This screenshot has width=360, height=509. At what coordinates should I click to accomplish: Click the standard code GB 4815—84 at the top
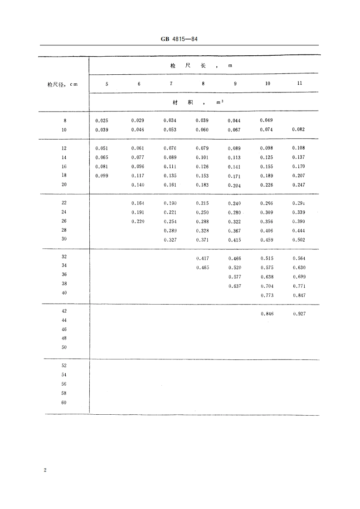180,39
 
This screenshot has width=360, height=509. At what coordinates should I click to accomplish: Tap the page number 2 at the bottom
45,470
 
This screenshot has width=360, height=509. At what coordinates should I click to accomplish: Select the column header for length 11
299,83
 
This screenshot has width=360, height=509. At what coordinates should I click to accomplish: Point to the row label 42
64,311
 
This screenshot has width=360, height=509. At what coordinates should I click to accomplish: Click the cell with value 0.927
299,314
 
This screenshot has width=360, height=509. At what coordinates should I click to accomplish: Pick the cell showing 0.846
267,314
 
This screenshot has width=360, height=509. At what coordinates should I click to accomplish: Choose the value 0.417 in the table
203,258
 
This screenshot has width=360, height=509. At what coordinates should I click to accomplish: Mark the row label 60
64,402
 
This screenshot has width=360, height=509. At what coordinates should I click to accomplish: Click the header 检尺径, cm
63,84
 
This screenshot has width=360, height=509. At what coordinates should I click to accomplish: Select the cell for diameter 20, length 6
138,185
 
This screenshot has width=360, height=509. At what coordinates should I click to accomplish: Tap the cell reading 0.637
235,286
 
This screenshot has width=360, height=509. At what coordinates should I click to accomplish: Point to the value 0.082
299,129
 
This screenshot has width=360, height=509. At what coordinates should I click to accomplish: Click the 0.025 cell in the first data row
102,121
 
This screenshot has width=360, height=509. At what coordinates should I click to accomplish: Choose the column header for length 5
107,84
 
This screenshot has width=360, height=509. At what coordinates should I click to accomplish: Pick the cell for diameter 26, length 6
138,222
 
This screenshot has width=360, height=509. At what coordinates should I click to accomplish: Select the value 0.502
299,240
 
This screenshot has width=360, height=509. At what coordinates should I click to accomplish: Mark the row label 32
64,257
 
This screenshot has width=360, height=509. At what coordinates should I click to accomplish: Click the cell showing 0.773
267,295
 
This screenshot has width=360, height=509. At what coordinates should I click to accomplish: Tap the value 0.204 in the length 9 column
235,185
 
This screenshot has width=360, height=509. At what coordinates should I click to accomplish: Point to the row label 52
64,366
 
